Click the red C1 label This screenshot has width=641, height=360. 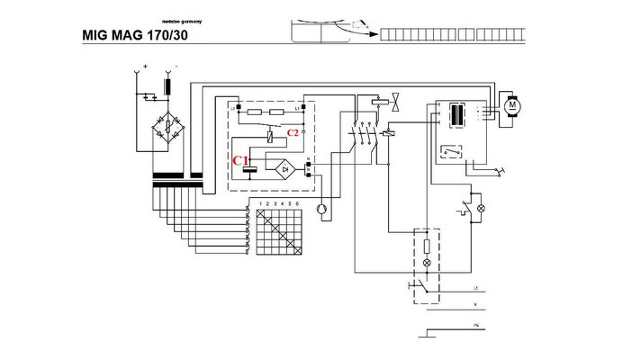tap(240, 160)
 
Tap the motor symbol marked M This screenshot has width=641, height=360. tap(513, 105)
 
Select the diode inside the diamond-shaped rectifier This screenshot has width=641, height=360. tap(285, 166)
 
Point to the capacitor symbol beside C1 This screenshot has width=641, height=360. tap(252, 168)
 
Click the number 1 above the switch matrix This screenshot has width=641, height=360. tap(261, 204)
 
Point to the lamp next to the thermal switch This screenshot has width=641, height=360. tap(480, 208)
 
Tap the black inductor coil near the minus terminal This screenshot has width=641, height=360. tap(167, 87)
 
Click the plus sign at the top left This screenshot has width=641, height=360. tap(146, 66)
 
